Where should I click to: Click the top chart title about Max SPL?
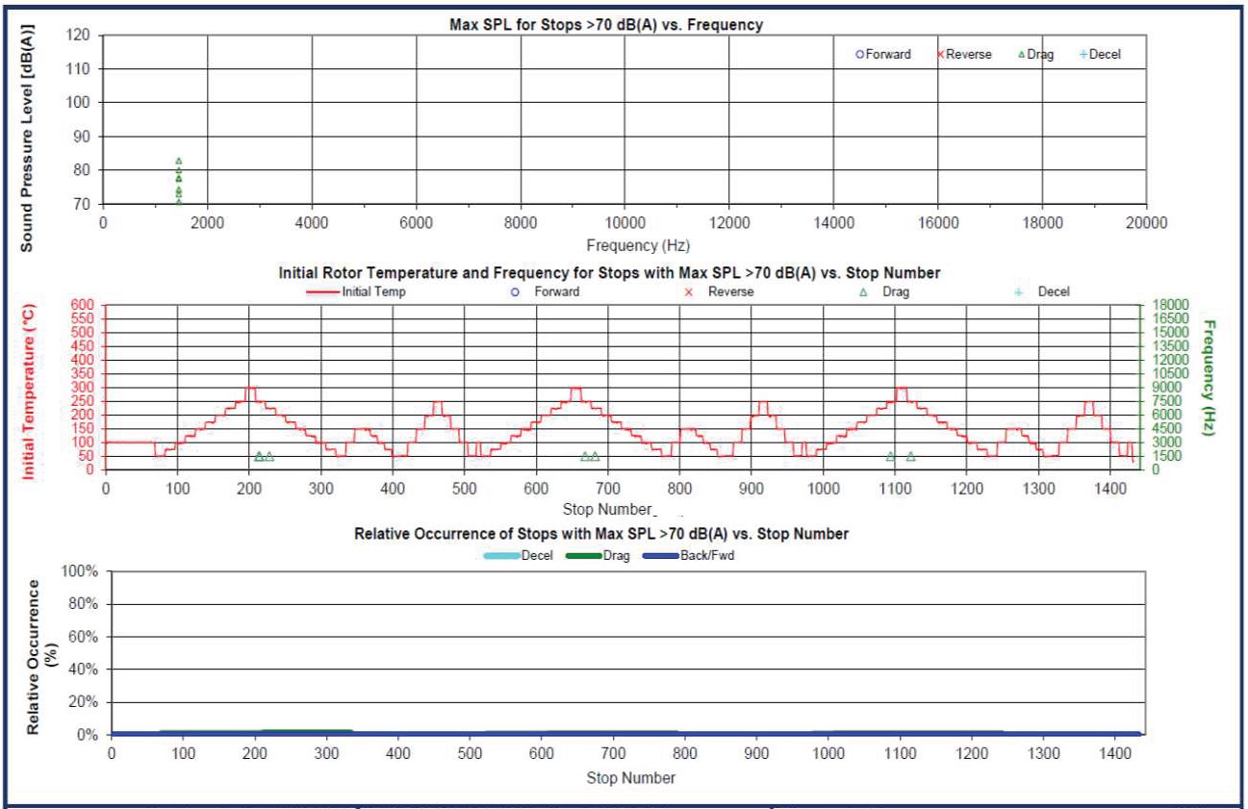(x=606, y=25)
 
